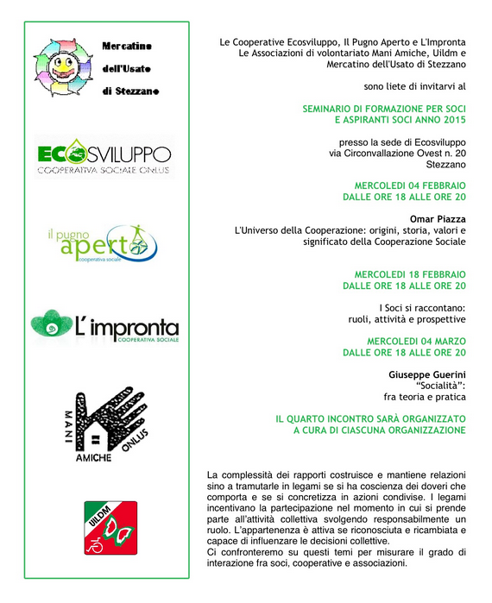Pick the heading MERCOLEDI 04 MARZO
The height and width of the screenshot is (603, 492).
coord(416,342)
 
